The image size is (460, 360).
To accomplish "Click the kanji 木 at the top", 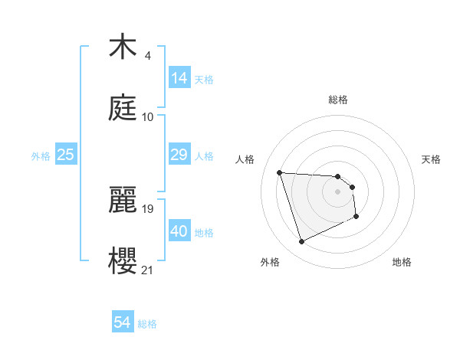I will (x=123, y=48).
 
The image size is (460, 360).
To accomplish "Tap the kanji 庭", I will (x=123, y=110).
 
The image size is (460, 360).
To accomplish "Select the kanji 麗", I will (x=123, y=199).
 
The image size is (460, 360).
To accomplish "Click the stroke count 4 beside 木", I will (x=147, y=56).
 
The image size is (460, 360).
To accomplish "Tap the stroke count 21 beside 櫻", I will (x=148, y=269).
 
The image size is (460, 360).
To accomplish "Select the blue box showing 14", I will (x=179, y=77).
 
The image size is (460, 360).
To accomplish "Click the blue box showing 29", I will (x=179, y=155).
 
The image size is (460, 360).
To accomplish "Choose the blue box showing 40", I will (x=179, y=231).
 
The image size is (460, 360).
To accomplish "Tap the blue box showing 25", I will (x=66, y=155).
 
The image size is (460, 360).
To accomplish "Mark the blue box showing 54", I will (x=122, y=322).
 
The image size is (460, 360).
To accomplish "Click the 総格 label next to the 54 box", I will (x=148, y=324).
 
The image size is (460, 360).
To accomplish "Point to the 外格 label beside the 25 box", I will (x=41, y=156).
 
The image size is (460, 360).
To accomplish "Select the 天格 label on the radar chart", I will (x=431, y=159).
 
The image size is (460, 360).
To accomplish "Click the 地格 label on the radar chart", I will (x=402, y=262).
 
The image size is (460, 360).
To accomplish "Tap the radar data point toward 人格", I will (x=280, y=172).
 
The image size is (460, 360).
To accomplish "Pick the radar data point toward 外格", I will (x=301, y=242).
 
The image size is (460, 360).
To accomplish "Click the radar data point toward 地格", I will (x=356, y=217).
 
